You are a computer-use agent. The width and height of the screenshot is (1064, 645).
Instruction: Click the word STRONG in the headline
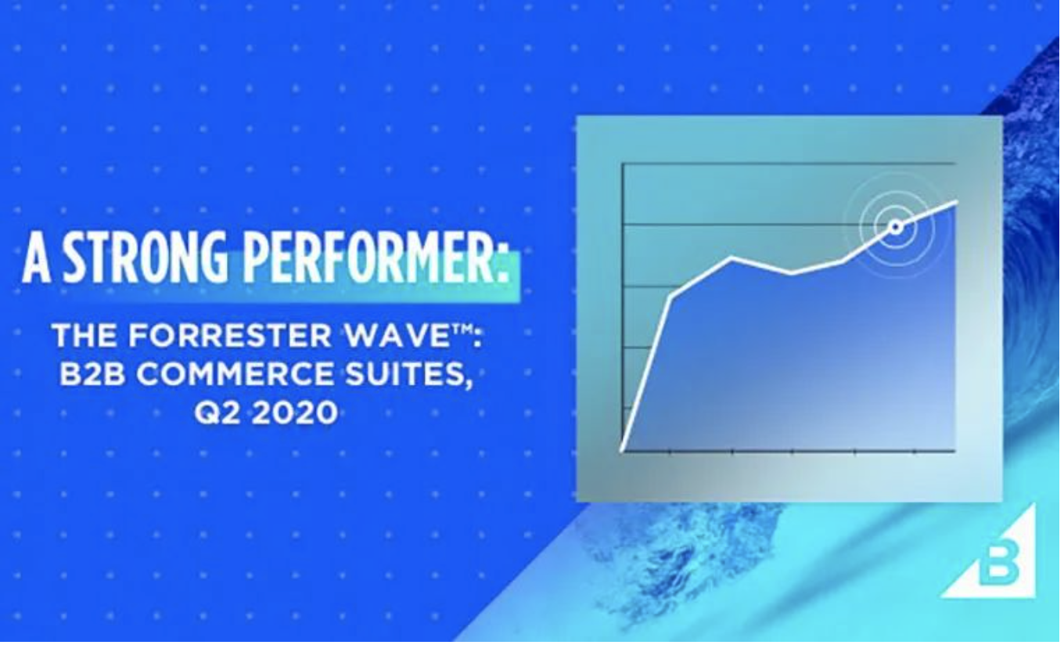[146, 258]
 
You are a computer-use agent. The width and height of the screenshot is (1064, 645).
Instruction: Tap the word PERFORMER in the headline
[369, 258]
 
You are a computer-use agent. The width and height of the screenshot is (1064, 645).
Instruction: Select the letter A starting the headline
[37, 258]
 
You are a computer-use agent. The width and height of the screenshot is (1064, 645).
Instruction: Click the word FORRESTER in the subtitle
[230, 336]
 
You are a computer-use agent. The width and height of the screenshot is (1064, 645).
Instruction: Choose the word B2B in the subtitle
[92, 373]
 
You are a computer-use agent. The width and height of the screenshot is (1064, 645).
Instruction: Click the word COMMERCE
[235, 373]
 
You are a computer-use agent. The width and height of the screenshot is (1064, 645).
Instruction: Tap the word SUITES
[404, 373]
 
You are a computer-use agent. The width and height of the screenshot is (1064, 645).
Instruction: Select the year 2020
[295, 413]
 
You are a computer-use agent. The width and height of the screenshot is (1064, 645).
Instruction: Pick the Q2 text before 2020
[217, 413]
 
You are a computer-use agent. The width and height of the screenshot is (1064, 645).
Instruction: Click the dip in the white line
[792, 272]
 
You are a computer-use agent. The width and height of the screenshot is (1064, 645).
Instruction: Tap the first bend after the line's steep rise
[670, 297]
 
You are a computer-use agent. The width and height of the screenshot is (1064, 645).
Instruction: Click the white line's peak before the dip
[732, 258]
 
